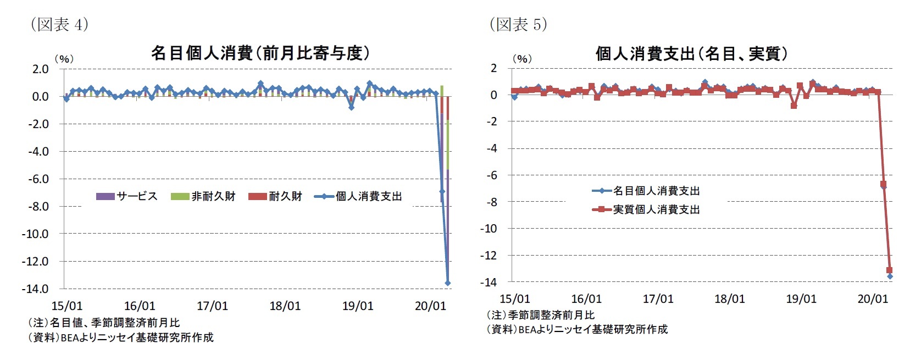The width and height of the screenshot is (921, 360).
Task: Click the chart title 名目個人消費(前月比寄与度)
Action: coord(260,53)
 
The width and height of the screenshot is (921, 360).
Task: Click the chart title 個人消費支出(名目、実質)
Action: coord(692,54)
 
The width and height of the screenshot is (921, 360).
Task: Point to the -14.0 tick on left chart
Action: coord(35,289)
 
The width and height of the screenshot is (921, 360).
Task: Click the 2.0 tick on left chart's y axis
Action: coord(41,69)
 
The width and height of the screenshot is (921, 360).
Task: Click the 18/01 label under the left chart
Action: coord(285,306)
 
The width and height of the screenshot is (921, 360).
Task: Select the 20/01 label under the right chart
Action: coord(873,299)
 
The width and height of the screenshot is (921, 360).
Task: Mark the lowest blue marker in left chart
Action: coord(448,283)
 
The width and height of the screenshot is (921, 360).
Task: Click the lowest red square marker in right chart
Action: coord(890,270)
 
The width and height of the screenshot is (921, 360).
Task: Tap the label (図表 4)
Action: coord(59,24)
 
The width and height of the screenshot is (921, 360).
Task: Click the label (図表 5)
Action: coord(518,24)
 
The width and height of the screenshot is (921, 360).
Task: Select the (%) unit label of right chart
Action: coord(521,59)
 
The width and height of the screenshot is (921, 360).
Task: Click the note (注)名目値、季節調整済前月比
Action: coord(104,323)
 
